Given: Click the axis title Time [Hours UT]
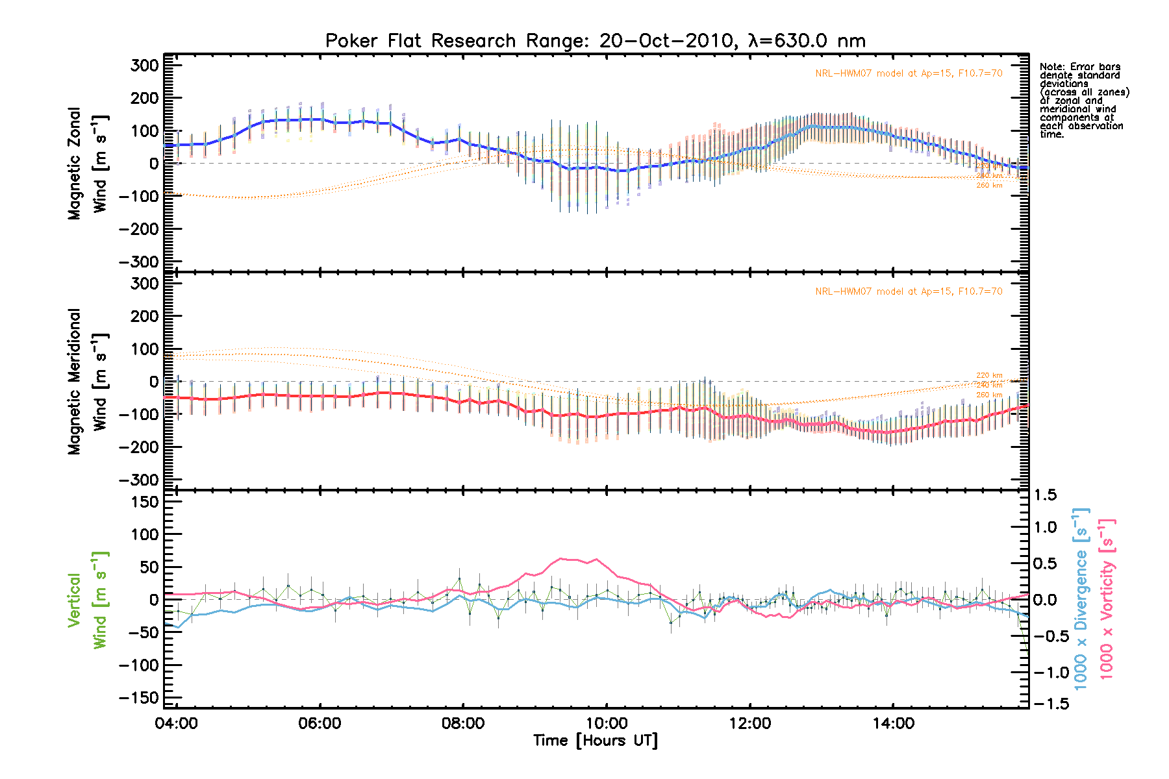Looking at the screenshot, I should (595, 741).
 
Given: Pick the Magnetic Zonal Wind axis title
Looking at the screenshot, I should (87, 164).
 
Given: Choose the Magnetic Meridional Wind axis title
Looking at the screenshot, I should (87, 382).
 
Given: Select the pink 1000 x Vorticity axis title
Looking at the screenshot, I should (1106, 599).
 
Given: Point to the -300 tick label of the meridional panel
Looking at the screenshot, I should (139, 480).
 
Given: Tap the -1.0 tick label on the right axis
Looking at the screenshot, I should (1051, 673).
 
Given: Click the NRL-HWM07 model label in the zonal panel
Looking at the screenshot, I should (909, 73).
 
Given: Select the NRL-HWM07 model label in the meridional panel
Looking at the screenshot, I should (909, 291).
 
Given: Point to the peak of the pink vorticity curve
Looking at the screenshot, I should (562, 558).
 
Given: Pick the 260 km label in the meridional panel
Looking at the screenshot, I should (989, 395).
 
